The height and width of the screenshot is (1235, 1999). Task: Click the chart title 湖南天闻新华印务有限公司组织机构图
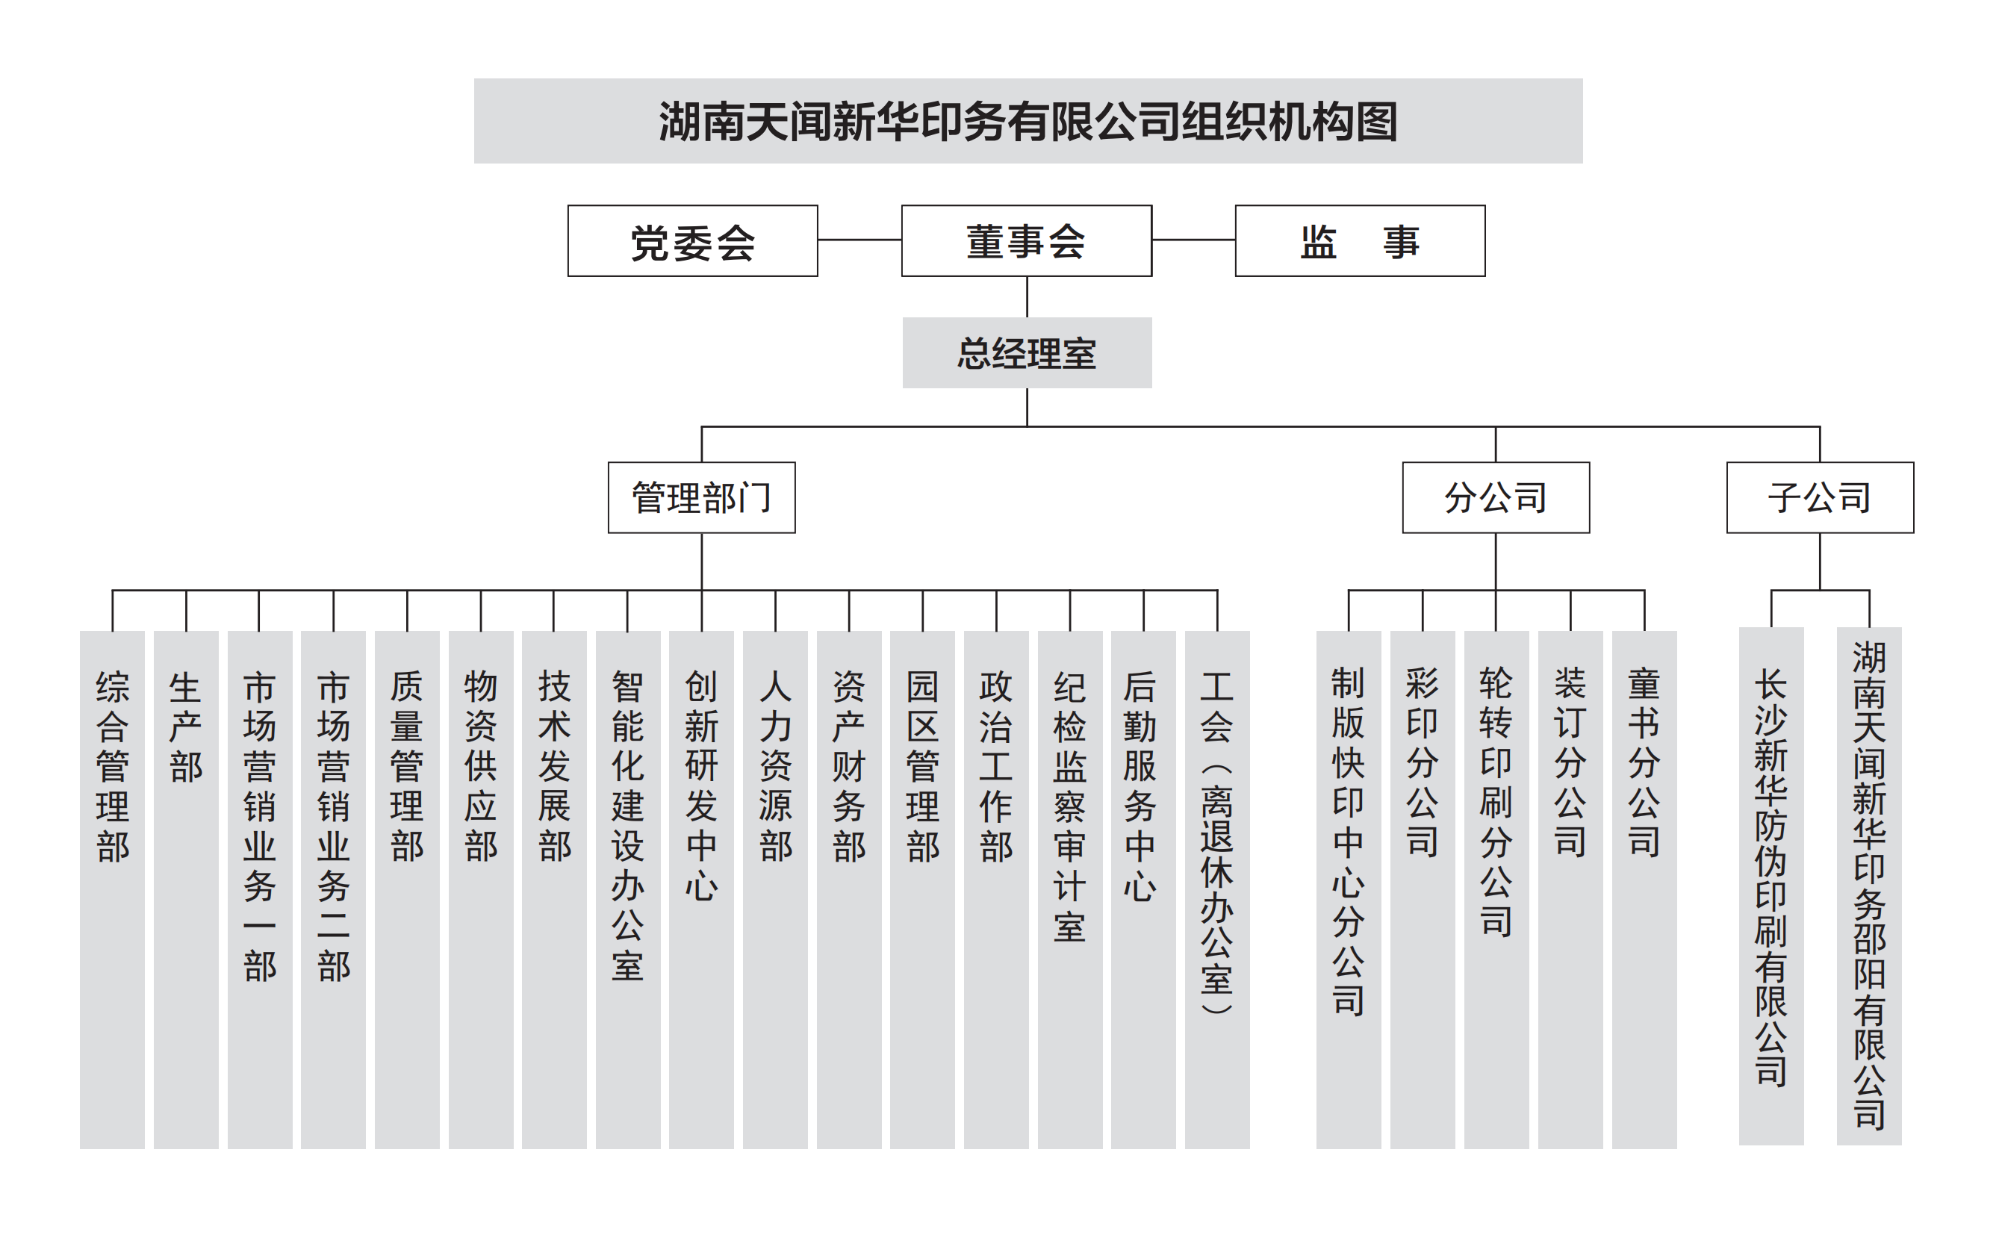pos(1028,121)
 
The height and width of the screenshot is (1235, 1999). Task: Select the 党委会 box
pos(693,241)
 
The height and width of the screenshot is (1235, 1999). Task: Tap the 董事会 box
pos(1027,241)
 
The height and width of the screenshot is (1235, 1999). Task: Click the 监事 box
pos(1360,241)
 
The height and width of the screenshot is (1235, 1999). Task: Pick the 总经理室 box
pos(1027,353)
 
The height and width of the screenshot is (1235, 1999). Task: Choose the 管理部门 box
pos(702,497)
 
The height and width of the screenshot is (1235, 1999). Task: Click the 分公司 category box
pos(1496,497)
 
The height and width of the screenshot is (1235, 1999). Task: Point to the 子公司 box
pos(1820,497)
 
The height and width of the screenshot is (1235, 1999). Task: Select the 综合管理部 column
pos(112,889)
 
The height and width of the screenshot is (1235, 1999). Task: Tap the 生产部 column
pos(186,889)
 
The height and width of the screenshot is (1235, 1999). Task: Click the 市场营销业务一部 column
pos(260,889)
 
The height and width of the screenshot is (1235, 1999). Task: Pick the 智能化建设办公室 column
pos(628,889)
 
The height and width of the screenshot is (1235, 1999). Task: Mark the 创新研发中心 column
pos(702,889)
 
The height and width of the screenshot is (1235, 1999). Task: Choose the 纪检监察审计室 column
pos(1070,889)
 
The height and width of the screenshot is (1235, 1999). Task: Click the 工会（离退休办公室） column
pos(1217,889)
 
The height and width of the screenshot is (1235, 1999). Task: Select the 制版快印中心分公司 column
pos(1349,889)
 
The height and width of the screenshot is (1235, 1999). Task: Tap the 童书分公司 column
pos(1644,889)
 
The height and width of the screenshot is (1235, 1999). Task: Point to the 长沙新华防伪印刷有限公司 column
pos(1771,886)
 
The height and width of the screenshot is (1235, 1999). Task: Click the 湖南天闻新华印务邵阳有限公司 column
pos(1869,886)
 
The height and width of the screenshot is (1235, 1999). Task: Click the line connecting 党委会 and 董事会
pos(859,240)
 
